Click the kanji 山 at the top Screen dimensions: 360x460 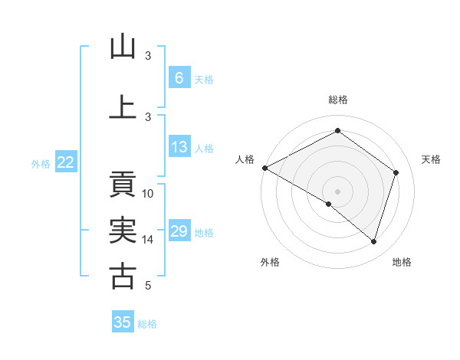click(123, 47)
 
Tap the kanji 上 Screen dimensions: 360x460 click(123, 107)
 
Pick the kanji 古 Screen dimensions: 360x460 click(123, 276)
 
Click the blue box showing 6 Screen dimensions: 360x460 click(179, 77)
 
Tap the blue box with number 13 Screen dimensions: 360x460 click(179, 148)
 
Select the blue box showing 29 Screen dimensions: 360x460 click(179, 231)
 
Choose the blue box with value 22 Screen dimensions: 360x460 click(65, 162)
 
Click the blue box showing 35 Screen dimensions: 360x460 click(123, 322)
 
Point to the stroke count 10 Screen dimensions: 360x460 click(148, 194)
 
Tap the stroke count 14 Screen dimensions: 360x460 click(148, 240)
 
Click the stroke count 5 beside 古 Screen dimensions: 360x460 click(148, 286)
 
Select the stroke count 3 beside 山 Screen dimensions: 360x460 click(148, 56)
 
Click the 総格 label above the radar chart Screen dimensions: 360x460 click(337, 100)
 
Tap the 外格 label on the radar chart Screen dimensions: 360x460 click(270, 262)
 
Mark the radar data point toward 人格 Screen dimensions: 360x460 click(264, 168)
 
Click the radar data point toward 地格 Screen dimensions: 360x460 click(373, 241)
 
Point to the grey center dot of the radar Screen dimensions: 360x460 click(337, 191)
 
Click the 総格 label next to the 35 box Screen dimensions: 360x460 click(147, 324)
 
